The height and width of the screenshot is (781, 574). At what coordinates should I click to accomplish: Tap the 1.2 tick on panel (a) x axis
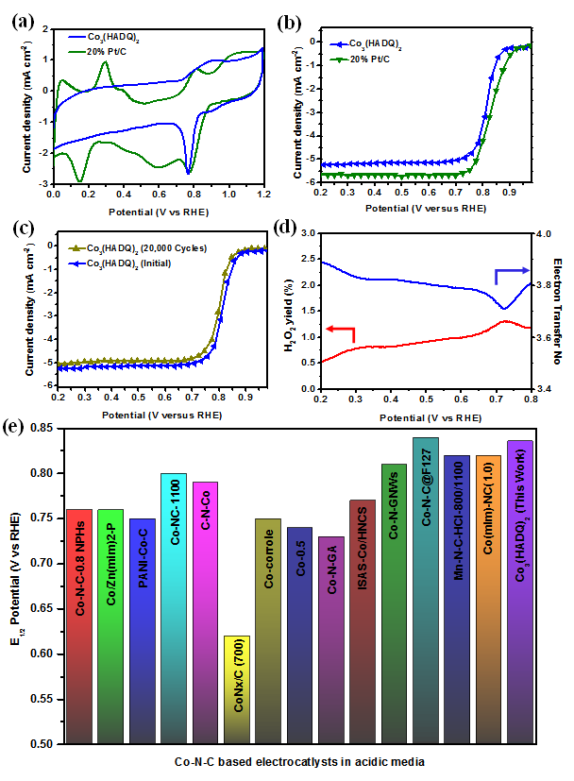[x=262, y=195]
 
